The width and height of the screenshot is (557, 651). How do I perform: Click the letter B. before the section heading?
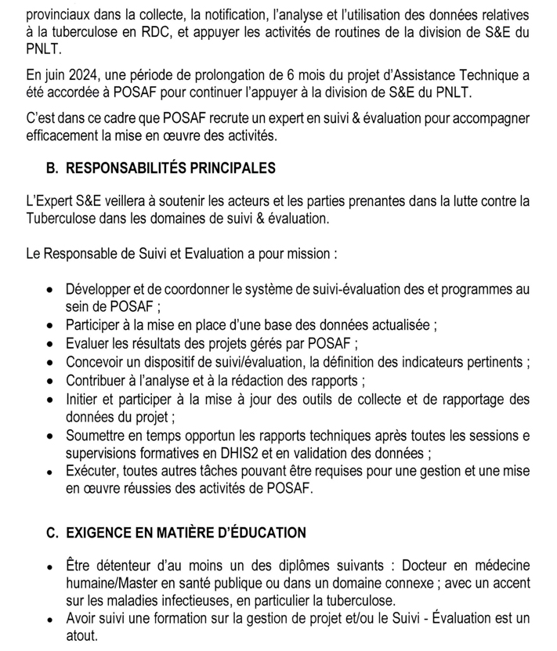coord(52,168)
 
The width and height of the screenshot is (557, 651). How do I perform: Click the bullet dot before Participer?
coord(50,324)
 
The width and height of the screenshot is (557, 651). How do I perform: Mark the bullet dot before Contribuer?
coord(50,381)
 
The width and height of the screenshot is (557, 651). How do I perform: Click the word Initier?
coord(82,399)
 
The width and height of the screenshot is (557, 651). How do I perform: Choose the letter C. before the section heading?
coord(52,533)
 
